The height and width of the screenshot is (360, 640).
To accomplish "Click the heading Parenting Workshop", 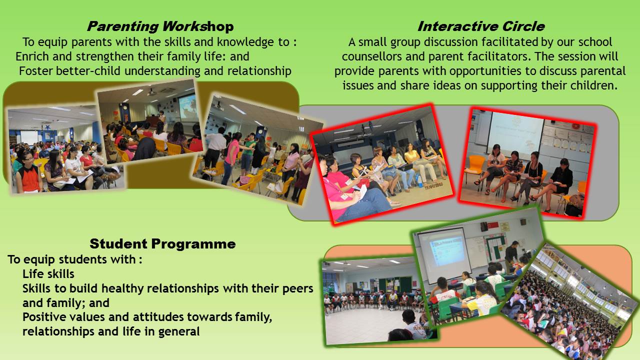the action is [160, 26].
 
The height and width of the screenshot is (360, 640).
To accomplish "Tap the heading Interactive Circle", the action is [481, 26].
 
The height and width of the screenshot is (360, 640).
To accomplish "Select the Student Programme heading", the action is [162, 243].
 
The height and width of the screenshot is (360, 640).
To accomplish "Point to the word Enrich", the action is [32, 56].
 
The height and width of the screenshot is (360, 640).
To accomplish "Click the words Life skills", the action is [48, 274].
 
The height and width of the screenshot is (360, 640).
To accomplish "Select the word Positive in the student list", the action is [43, 317].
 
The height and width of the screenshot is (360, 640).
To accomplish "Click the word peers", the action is [297, 289].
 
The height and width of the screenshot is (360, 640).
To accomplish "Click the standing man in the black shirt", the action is [511, 255].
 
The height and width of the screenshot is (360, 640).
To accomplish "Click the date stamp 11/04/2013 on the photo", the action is [433, 186].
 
